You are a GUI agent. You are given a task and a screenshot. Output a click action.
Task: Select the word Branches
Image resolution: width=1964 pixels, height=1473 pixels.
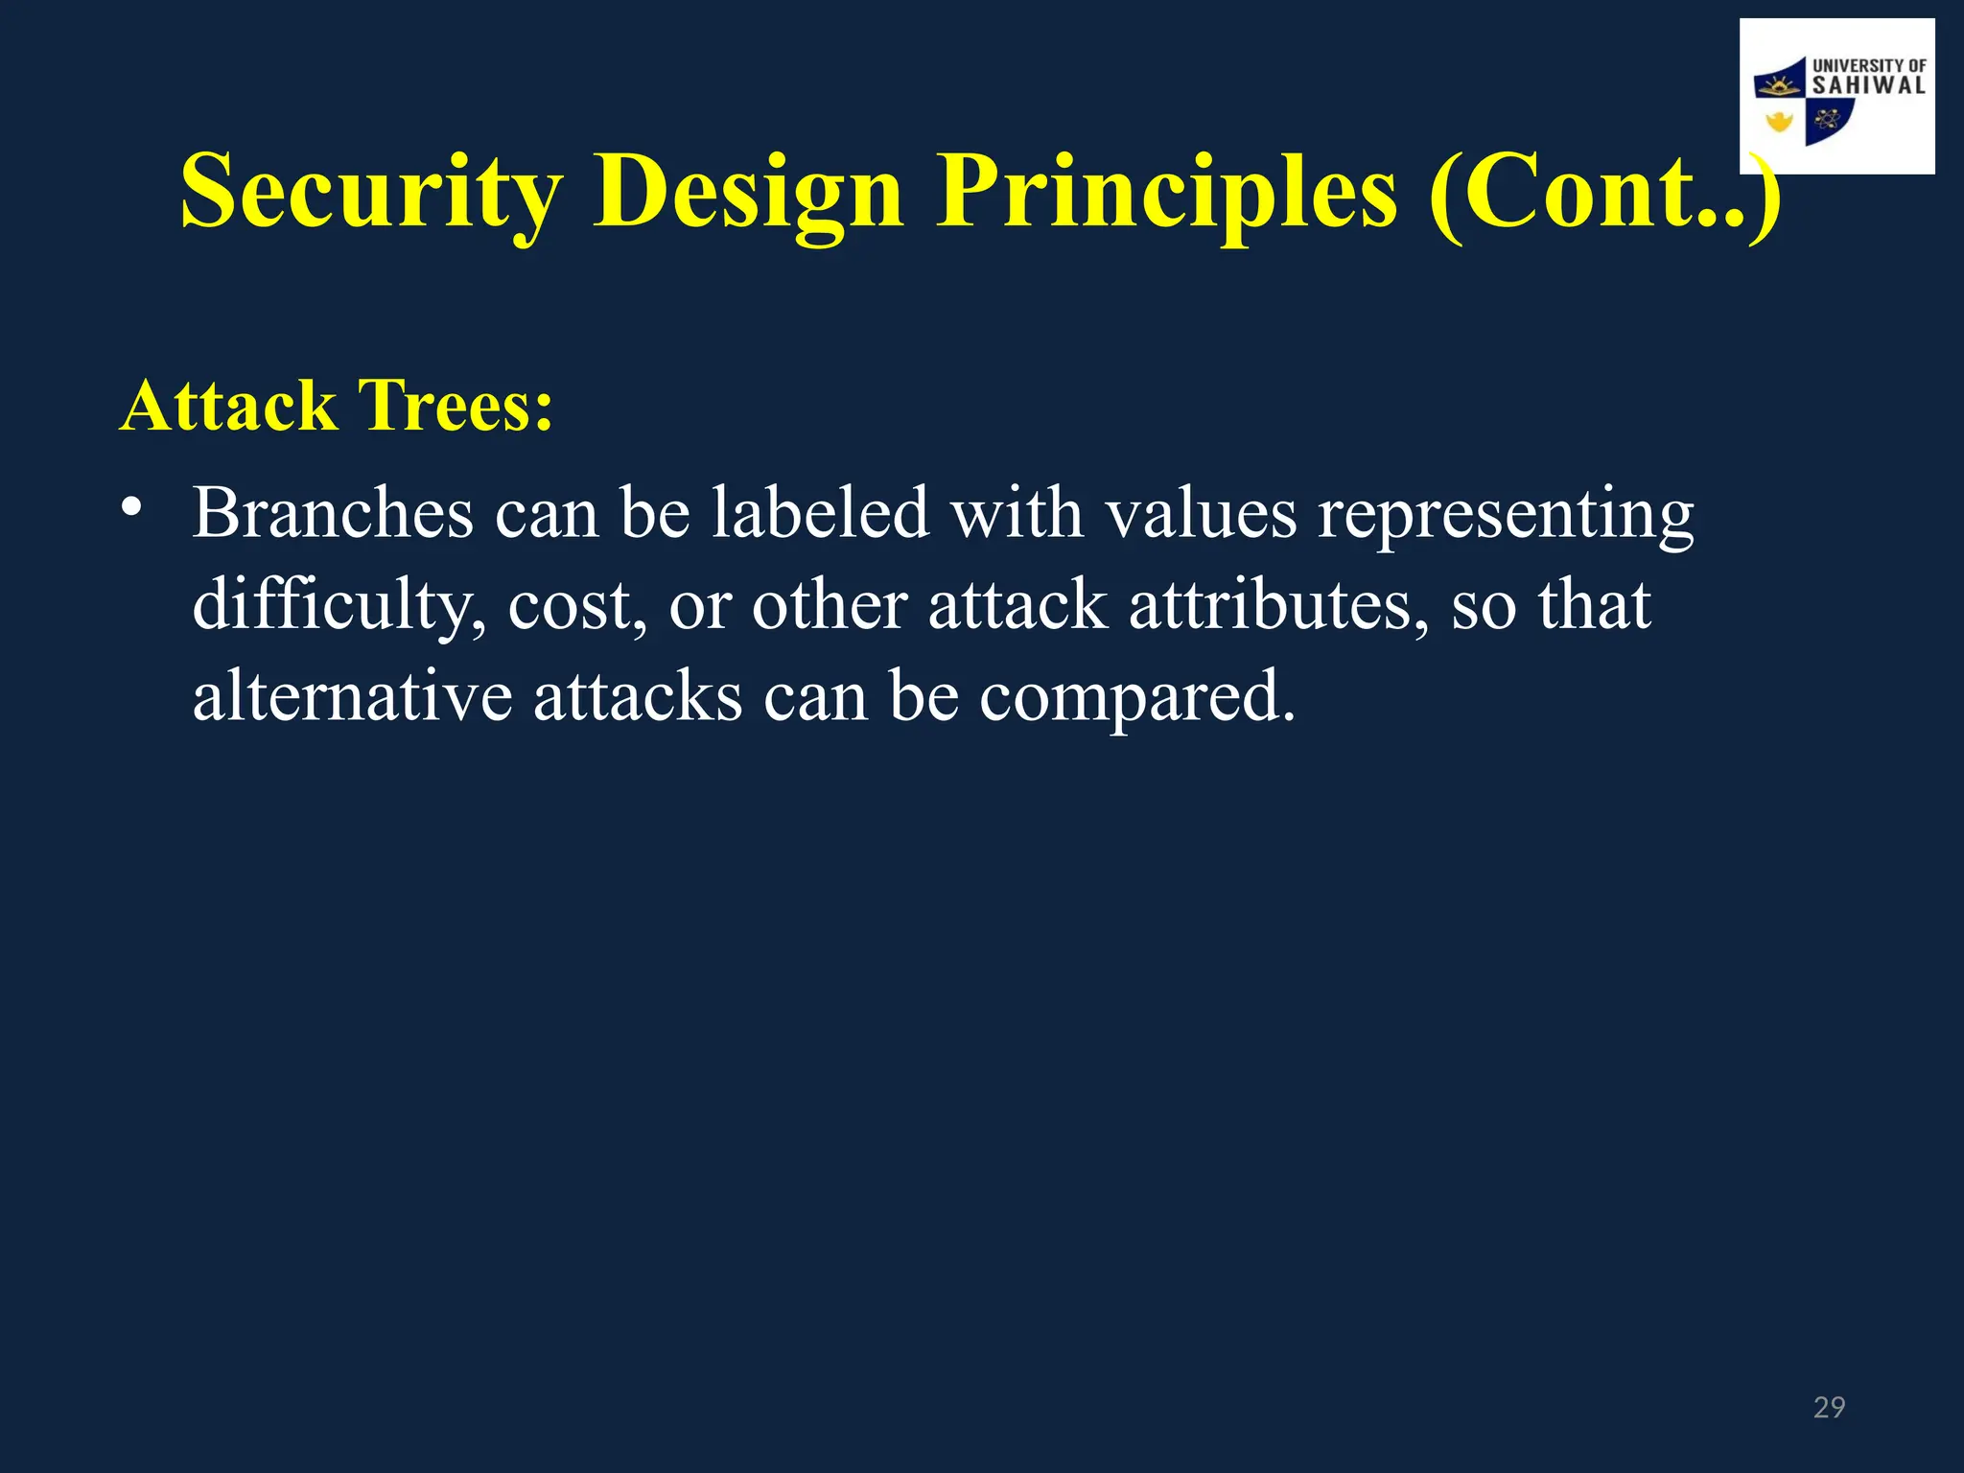pyautogui.click(x=333, y=514)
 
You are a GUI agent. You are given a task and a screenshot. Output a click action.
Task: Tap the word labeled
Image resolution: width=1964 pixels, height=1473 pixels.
pyautogui.click(x=820, y=514)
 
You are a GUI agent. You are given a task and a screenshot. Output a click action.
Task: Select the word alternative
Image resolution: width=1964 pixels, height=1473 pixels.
pyautogui.click(x=352, y=696)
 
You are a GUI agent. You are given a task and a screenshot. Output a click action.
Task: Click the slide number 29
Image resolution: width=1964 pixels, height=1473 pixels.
pyautogui.click(x=1829, y=1407)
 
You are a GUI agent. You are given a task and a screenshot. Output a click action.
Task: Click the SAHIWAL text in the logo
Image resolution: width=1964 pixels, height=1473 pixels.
pyautogui.click(x=1868, y=85)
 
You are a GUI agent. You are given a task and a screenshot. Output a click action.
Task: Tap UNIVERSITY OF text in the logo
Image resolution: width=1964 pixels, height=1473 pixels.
pyautogui.click(x=1869, y=65)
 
